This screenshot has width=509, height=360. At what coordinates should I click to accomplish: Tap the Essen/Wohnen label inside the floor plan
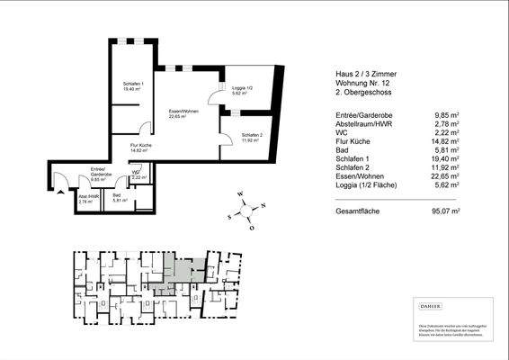click(x=183, y=112)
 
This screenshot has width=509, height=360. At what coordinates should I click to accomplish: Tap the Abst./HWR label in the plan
click(x=88, y=198)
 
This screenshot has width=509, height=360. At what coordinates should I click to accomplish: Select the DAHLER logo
click(x=431, y=308)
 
